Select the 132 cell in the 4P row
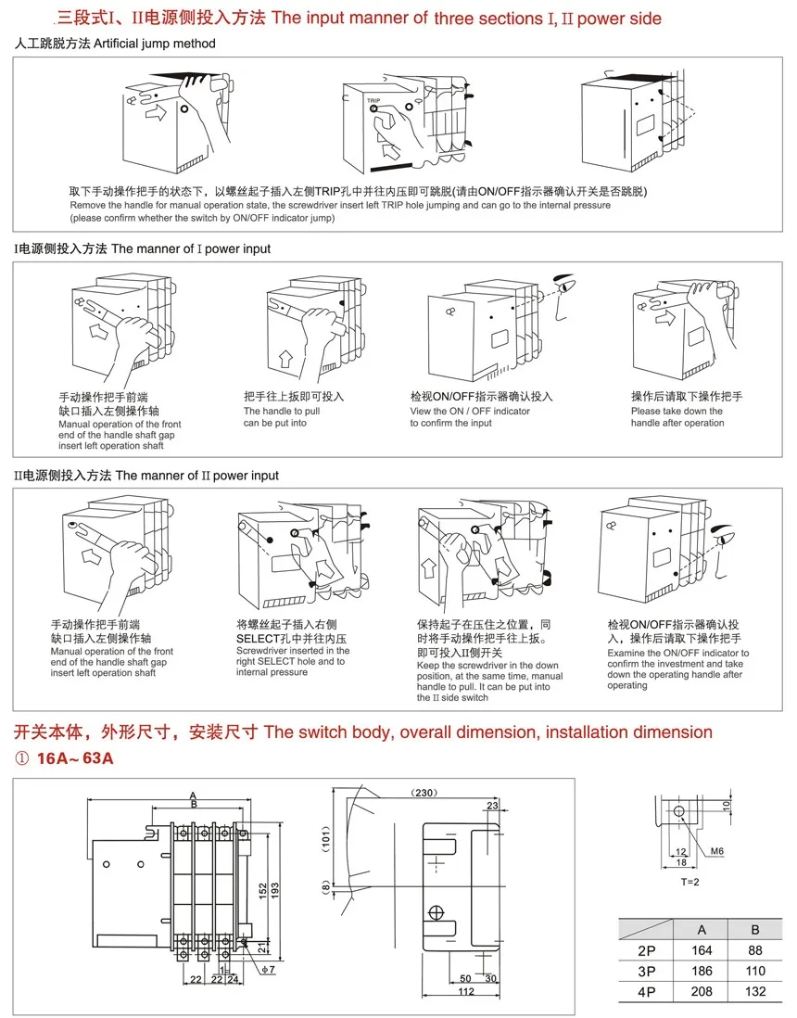[x=755, y=991]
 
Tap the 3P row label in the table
[x=646, y=971]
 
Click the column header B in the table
[x=755, y=928]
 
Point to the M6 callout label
[x=717, y=851]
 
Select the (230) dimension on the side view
[x=426, y=793]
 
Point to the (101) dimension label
[x=326, y=841]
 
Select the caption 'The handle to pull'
[x=282, y=411]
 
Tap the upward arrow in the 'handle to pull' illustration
[x=285, y=353]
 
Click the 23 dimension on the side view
[x=491, y=806]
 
